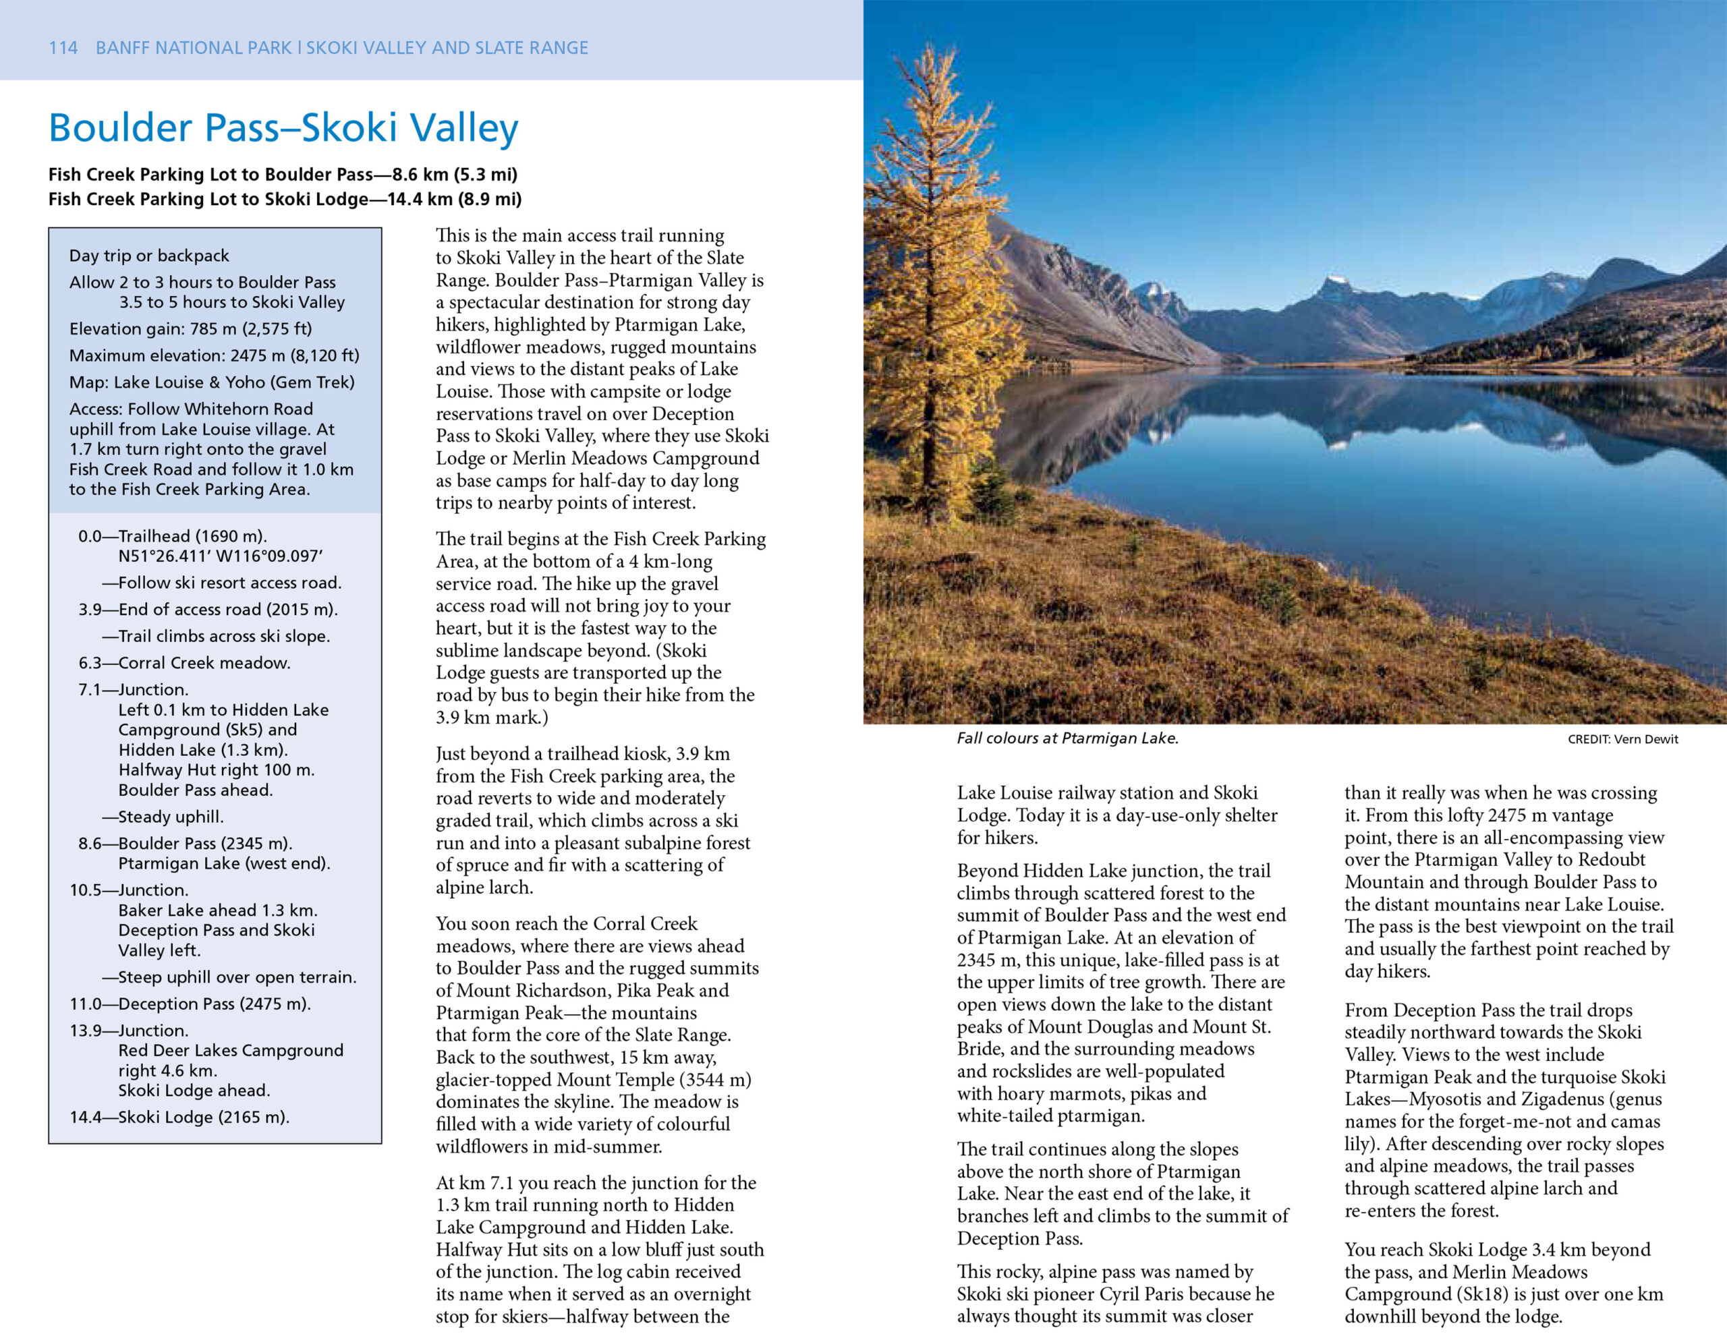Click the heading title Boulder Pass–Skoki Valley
(283, 128)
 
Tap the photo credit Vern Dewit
(1622, 738)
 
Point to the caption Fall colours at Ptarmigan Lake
(1067, 738)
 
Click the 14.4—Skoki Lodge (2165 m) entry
(179, 1117)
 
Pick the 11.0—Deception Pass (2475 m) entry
(190, 1004)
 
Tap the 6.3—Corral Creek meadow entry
(184, 663)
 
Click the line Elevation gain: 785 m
(190, 328)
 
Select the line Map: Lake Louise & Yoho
(212, 382)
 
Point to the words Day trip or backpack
(148, 256)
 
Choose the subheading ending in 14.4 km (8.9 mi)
(285, 198)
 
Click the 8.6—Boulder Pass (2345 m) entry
(185, 843)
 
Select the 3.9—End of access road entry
(207, 609)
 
